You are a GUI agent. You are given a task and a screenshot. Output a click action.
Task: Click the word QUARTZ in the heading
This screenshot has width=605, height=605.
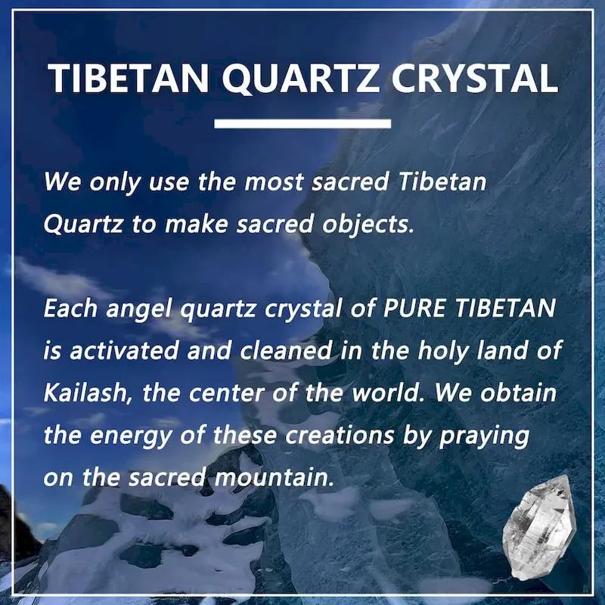coord(299,79)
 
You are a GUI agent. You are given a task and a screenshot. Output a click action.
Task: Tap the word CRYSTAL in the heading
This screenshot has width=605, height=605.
coord(475,78)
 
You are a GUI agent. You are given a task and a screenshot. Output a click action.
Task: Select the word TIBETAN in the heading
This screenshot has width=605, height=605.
coord(129,78)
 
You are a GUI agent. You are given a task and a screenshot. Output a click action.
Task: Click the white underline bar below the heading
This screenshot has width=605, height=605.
coord(302,123)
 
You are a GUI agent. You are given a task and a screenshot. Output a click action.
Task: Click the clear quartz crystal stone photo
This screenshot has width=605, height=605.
coord(539,527)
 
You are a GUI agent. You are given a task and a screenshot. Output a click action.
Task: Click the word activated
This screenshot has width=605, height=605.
coord(124,351)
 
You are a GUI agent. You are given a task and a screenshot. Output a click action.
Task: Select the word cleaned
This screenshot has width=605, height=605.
coord(286,350)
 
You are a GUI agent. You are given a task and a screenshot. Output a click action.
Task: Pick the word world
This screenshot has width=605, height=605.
coord(386,392)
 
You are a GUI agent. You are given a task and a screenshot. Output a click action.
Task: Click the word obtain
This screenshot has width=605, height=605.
coord(518,392)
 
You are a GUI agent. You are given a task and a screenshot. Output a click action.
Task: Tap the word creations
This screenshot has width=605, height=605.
coord(340,434)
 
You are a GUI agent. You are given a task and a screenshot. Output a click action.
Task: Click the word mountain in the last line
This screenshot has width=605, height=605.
coord(274,477)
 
